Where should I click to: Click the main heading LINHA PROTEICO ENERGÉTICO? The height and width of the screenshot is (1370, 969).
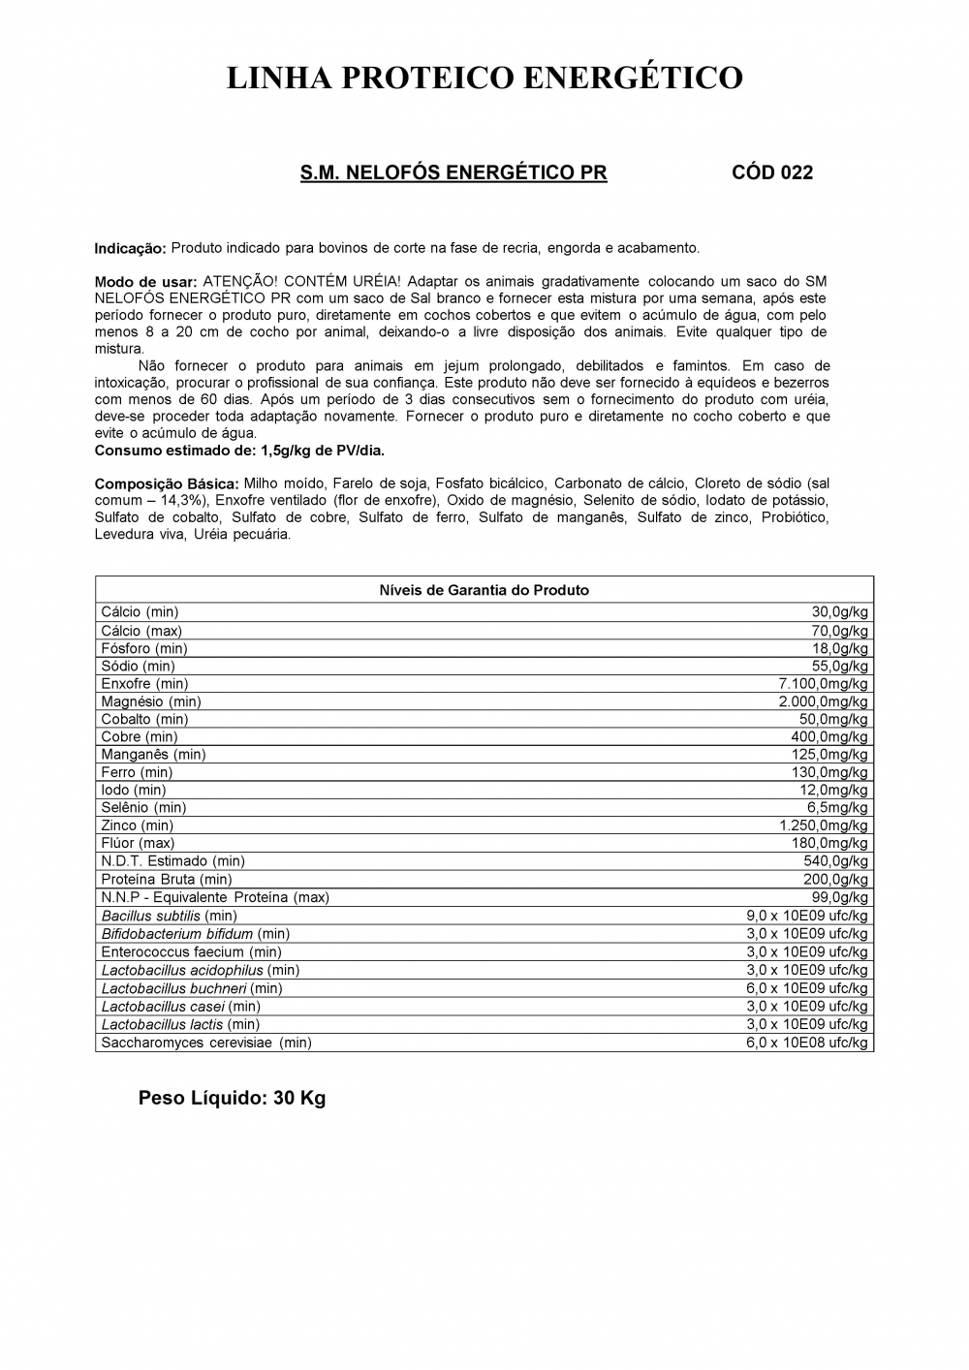(x=484, y=78)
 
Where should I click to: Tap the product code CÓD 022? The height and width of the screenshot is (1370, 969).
(x=771, y=173)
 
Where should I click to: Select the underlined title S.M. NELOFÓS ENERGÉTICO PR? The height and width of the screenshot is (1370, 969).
(x=453, y=173)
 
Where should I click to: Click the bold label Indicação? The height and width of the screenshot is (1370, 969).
(x=130, y=249)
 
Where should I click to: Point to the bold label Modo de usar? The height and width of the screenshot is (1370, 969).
(x=145, y=282)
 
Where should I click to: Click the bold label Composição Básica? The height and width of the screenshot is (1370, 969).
(x=167, y=483)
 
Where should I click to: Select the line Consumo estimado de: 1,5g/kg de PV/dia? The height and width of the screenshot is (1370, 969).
(x=239, y=451)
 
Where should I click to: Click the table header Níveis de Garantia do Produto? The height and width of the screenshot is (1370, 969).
(x=484, y=590)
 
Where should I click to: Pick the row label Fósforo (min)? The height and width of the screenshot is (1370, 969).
(x=144, y=648)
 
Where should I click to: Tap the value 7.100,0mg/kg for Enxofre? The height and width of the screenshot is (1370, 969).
(x=824, y=684)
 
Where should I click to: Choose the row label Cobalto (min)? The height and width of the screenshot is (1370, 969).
(x=144, y=719)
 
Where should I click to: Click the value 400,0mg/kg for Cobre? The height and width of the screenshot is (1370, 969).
(x=829, y=737)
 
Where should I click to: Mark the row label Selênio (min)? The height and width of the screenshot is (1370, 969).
(x=143, y=807)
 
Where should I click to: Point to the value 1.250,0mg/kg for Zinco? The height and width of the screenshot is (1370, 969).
(x=824, y=825)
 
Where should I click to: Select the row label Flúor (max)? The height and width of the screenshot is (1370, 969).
(x=138, y=843)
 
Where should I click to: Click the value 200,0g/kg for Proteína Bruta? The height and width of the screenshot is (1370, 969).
(x=836, y=879)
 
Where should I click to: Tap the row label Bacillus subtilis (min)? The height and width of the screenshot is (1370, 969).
(x=169, y=916)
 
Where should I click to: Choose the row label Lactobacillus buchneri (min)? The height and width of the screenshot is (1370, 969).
(x=192, y=988)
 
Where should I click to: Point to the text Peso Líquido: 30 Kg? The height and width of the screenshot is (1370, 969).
(x=232, y=1099)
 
